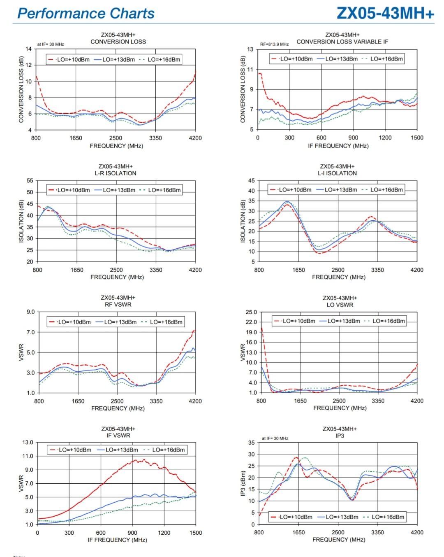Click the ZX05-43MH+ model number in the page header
coord(385,13)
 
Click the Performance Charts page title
coord(86,13)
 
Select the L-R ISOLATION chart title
coord(116,173)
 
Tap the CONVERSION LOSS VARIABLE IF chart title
coord(342,42)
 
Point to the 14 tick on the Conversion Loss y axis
coord(28,49)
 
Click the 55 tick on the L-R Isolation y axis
coord(30,181)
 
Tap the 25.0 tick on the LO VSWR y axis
coord(251,312)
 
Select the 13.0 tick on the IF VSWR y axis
coord(28,443)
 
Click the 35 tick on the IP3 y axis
coord(251,443)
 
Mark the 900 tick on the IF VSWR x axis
coord(132,533)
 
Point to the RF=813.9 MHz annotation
coord(274,44)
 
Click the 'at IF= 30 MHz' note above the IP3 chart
coord(275,438)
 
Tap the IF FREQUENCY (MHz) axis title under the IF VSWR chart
coord(117,540)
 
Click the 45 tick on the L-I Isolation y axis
coord(251,181)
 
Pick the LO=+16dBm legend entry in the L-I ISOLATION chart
coord(386,190)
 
